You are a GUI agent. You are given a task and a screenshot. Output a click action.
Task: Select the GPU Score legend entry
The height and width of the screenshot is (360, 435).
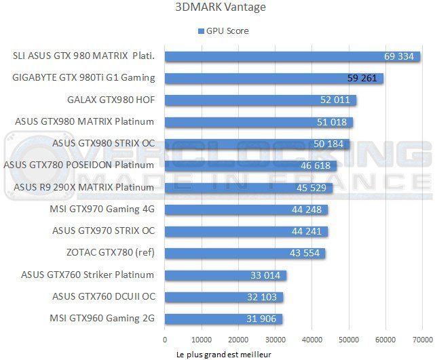[223, 31]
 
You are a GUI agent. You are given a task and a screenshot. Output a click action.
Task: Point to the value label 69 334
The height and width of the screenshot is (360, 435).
[398, 56]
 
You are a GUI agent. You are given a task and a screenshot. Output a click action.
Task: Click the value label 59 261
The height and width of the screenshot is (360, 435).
[362, 78]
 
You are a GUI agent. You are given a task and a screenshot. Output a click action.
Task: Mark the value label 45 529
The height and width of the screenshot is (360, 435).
[311, 188]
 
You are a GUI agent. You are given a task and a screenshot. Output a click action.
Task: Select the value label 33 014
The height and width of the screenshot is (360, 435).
[265, 275]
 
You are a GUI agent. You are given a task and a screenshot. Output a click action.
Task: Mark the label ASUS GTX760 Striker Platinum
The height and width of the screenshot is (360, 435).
[88, 275]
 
